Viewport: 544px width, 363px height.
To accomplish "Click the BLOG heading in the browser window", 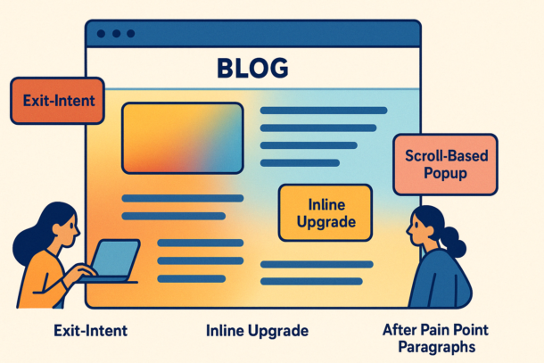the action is [x=252, y=68].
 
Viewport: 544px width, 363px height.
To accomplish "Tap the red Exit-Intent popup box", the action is [x=58, y=101].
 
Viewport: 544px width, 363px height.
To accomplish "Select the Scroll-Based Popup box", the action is [x=446, y=164].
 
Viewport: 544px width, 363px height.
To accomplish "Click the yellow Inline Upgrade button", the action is [x=326, y=213].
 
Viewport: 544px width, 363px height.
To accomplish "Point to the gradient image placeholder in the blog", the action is [x=183, y=138].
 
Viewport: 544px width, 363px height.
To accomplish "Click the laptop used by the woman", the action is [x=111, y=261].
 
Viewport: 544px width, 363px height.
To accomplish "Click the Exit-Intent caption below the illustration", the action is [x=91, y=331].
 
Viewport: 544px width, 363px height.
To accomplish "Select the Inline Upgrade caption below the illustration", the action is [x=257, y=331].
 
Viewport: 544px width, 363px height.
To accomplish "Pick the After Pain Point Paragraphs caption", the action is [x=436, y=338].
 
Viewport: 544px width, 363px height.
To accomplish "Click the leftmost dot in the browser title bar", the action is [x=101, y=34].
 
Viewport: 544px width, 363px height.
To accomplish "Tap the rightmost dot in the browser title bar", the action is [x=131, y=34].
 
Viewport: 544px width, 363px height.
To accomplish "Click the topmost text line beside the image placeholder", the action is [x=324, y=111].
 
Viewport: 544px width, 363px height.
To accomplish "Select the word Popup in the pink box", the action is [x=446, y=173].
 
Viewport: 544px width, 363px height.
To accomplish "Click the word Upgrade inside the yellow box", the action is [x=326, y=222].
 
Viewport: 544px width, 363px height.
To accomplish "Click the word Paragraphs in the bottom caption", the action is [x=436, y=347].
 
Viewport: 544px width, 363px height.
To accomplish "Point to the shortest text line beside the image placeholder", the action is [x=300, y=162].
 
